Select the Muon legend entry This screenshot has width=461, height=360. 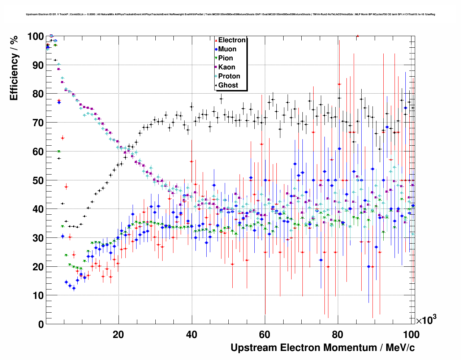(227, 49)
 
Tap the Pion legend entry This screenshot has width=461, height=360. (225, 58)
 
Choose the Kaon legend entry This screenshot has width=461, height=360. (227, 67)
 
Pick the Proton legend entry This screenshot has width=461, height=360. (229, 76)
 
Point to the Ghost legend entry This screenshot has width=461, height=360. (228, 85)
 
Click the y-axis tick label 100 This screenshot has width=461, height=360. (35, 37)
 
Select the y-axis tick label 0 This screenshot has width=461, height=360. (41, 324)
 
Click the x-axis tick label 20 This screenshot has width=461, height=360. (118, 335)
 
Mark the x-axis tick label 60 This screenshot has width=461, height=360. (265, 335)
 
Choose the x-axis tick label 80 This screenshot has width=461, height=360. (338, 335)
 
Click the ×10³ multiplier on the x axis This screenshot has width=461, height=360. (426, 320)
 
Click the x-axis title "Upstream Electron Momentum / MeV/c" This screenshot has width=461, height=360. (323, 348)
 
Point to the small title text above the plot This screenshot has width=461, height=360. (231, 14)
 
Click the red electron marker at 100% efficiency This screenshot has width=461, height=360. (357, 36)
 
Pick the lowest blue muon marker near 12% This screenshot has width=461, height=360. (74, 288)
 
